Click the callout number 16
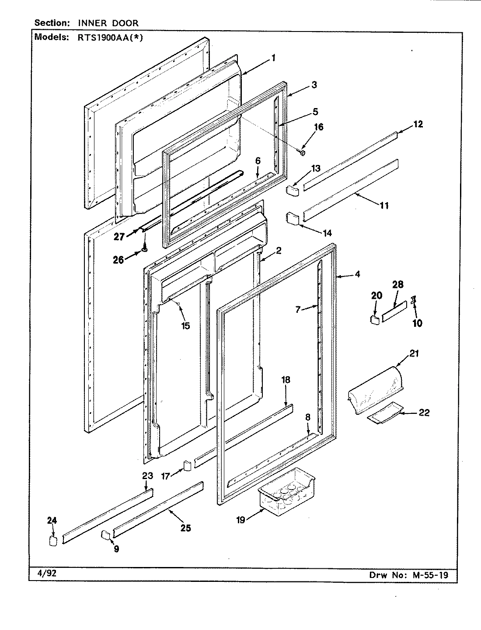coord(319,127)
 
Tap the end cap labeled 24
coord(52,541)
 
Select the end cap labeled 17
coord(187,466)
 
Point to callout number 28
coord(398,285)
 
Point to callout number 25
coord(185,528)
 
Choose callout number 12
coord(418,124)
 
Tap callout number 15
coord(186,326)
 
